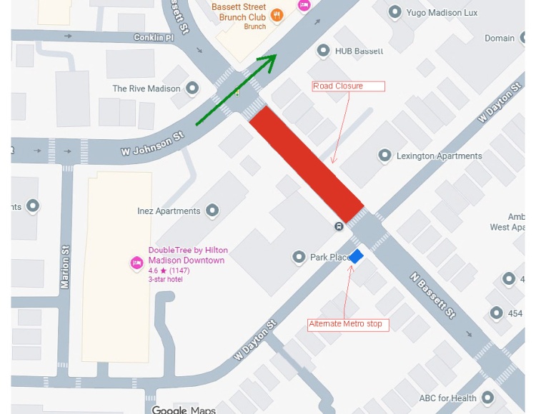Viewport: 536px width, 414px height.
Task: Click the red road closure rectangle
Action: pos(307,164)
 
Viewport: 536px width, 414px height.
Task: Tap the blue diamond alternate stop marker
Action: pos(356,256)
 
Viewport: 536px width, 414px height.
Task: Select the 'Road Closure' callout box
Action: pos(349,86)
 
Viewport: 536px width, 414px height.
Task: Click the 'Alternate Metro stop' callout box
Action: pos(346,324)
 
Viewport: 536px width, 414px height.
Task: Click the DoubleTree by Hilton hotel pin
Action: pos(137,263)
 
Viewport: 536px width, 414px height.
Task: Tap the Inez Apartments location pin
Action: pos(212,211)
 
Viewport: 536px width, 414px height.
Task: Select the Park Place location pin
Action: pos(299,257)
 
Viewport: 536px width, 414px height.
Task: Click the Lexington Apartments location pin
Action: pos(385,156)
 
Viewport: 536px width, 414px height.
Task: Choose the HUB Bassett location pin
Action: pos(323,51)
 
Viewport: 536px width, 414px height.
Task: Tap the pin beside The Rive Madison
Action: pos(192,89)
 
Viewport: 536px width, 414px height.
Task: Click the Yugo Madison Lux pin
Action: pos(394,12)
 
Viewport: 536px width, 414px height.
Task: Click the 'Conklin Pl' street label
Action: pos(154,37)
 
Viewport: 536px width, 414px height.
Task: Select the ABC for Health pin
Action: pos(488,398)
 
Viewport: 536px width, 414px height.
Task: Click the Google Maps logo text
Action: pos(184,410)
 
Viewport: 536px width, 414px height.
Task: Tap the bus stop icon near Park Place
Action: pos(339,226)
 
